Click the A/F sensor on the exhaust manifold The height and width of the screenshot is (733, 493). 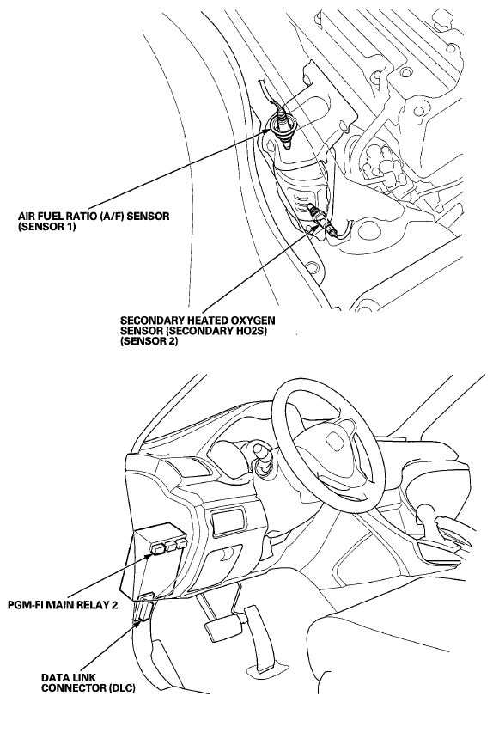pyautogui.click(x=282, y=125)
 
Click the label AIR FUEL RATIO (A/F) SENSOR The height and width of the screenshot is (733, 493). pyautogui.click(x=94, y=217)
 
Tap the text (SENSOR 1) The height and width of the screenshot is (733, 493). pyautogui.click(x=46, y=227)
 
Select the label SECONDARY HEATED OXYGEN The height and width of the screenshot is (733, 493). pyautogui.click(x=198, y=321)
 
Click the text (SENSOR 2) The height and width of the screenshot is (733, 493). pyautogui.click(x=149, y=341)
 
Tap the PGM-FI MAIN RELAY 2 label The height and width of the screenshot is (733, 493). pyautogui.click(x=63, y=604)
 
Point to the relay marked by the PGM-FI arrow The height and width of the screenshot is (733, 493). pyautogui.click(x=158, y=547)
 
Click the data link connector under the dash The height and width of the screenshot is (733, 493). pyautogui.click(x=143, y=612)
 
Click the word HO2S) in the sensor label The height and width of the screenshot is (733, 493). pyautogui.click(x=256, y=331)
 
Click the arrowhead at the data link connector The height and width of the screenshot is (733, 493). pyautogui.click(x=138, y=620)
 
